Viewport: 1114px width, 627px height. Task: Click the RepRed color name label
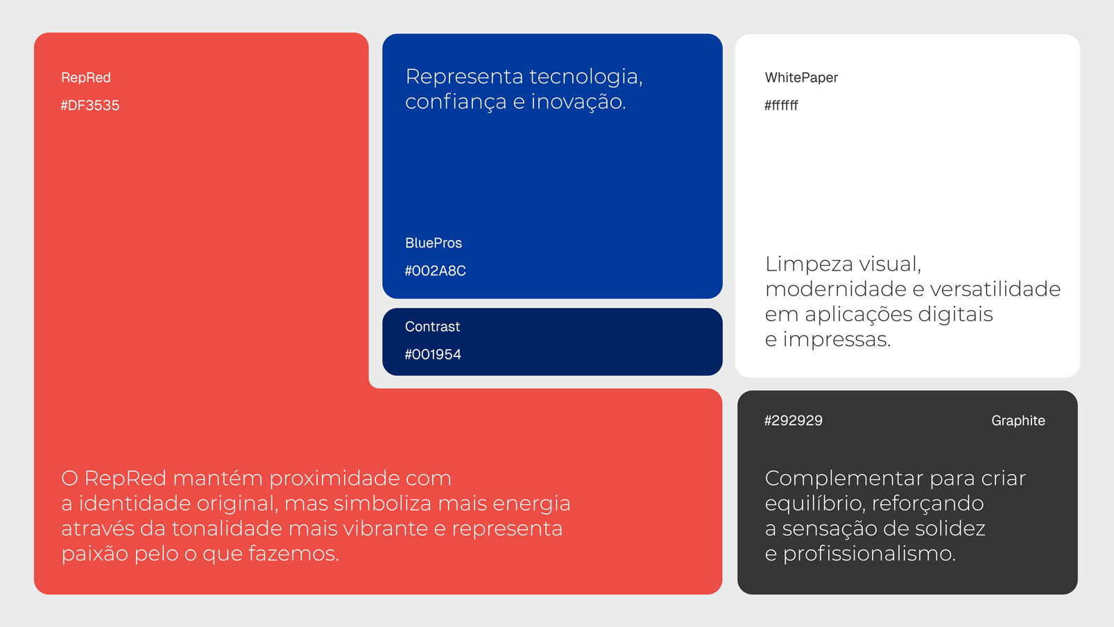(85, 78)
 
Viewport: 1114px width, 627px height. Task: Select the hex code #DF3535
(90, 105)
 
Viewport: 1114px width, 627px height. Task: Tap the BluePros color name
(433, 243)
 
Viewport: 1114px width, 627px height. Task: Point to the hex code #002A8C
(435, 271)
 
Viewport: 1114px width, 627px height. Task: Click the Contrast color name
(432, 327)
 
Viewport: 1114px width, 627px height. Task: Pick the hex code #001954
(433, 354)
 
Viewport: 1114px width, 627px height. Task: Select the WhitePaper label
(801, 78)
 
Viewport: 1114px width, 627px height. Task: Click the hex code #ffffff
(781, 105)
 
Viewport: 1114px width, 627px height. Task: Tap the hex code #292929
(794, 420)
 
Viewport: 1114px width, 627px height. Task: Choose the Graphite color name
(1018, 421)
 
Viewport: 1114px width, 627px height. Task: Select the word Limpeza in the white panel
(808, 264)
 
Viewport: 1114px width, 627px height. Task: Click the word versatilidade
(995, 289)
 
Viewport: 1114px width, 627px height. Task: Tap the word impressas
(837, 340)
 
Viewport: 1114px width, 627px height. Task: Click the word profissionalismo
(869, 554)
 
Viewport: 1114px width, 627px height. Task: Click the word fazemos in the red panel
(293, 554)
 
